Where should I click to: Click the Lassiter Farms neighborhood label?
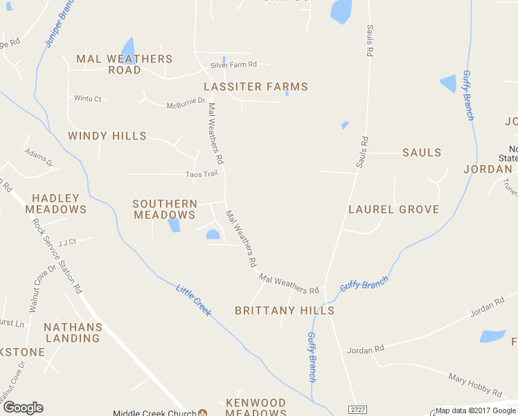(x=256, y=87)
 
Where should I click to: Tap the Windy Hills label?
(x=107, y=136)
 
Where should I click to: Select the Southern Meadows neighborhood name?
(x=165, y=209)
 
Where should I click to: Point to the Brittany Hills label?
(x=285, y=311)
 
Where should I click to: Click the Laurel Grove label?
(x=393, y=209)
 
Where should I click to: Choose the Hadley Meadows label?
(x=55, y=204)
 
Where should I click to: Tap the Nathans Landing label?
(x=73, y=333)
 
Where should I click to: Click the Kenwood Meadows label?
(x=256, y=408)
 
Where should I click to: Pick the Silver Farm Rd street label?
(x=234, y=64)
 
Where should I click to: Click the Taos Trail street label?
(x=202, y=174)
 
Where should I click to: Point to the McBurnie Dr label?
(x=186, y=103)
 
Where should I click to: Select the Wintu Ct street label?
(x=88, y=99)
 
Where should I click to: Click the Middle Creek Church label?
(x=154, y=413)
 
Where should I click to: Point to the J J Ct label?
(x=66, y=242)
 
